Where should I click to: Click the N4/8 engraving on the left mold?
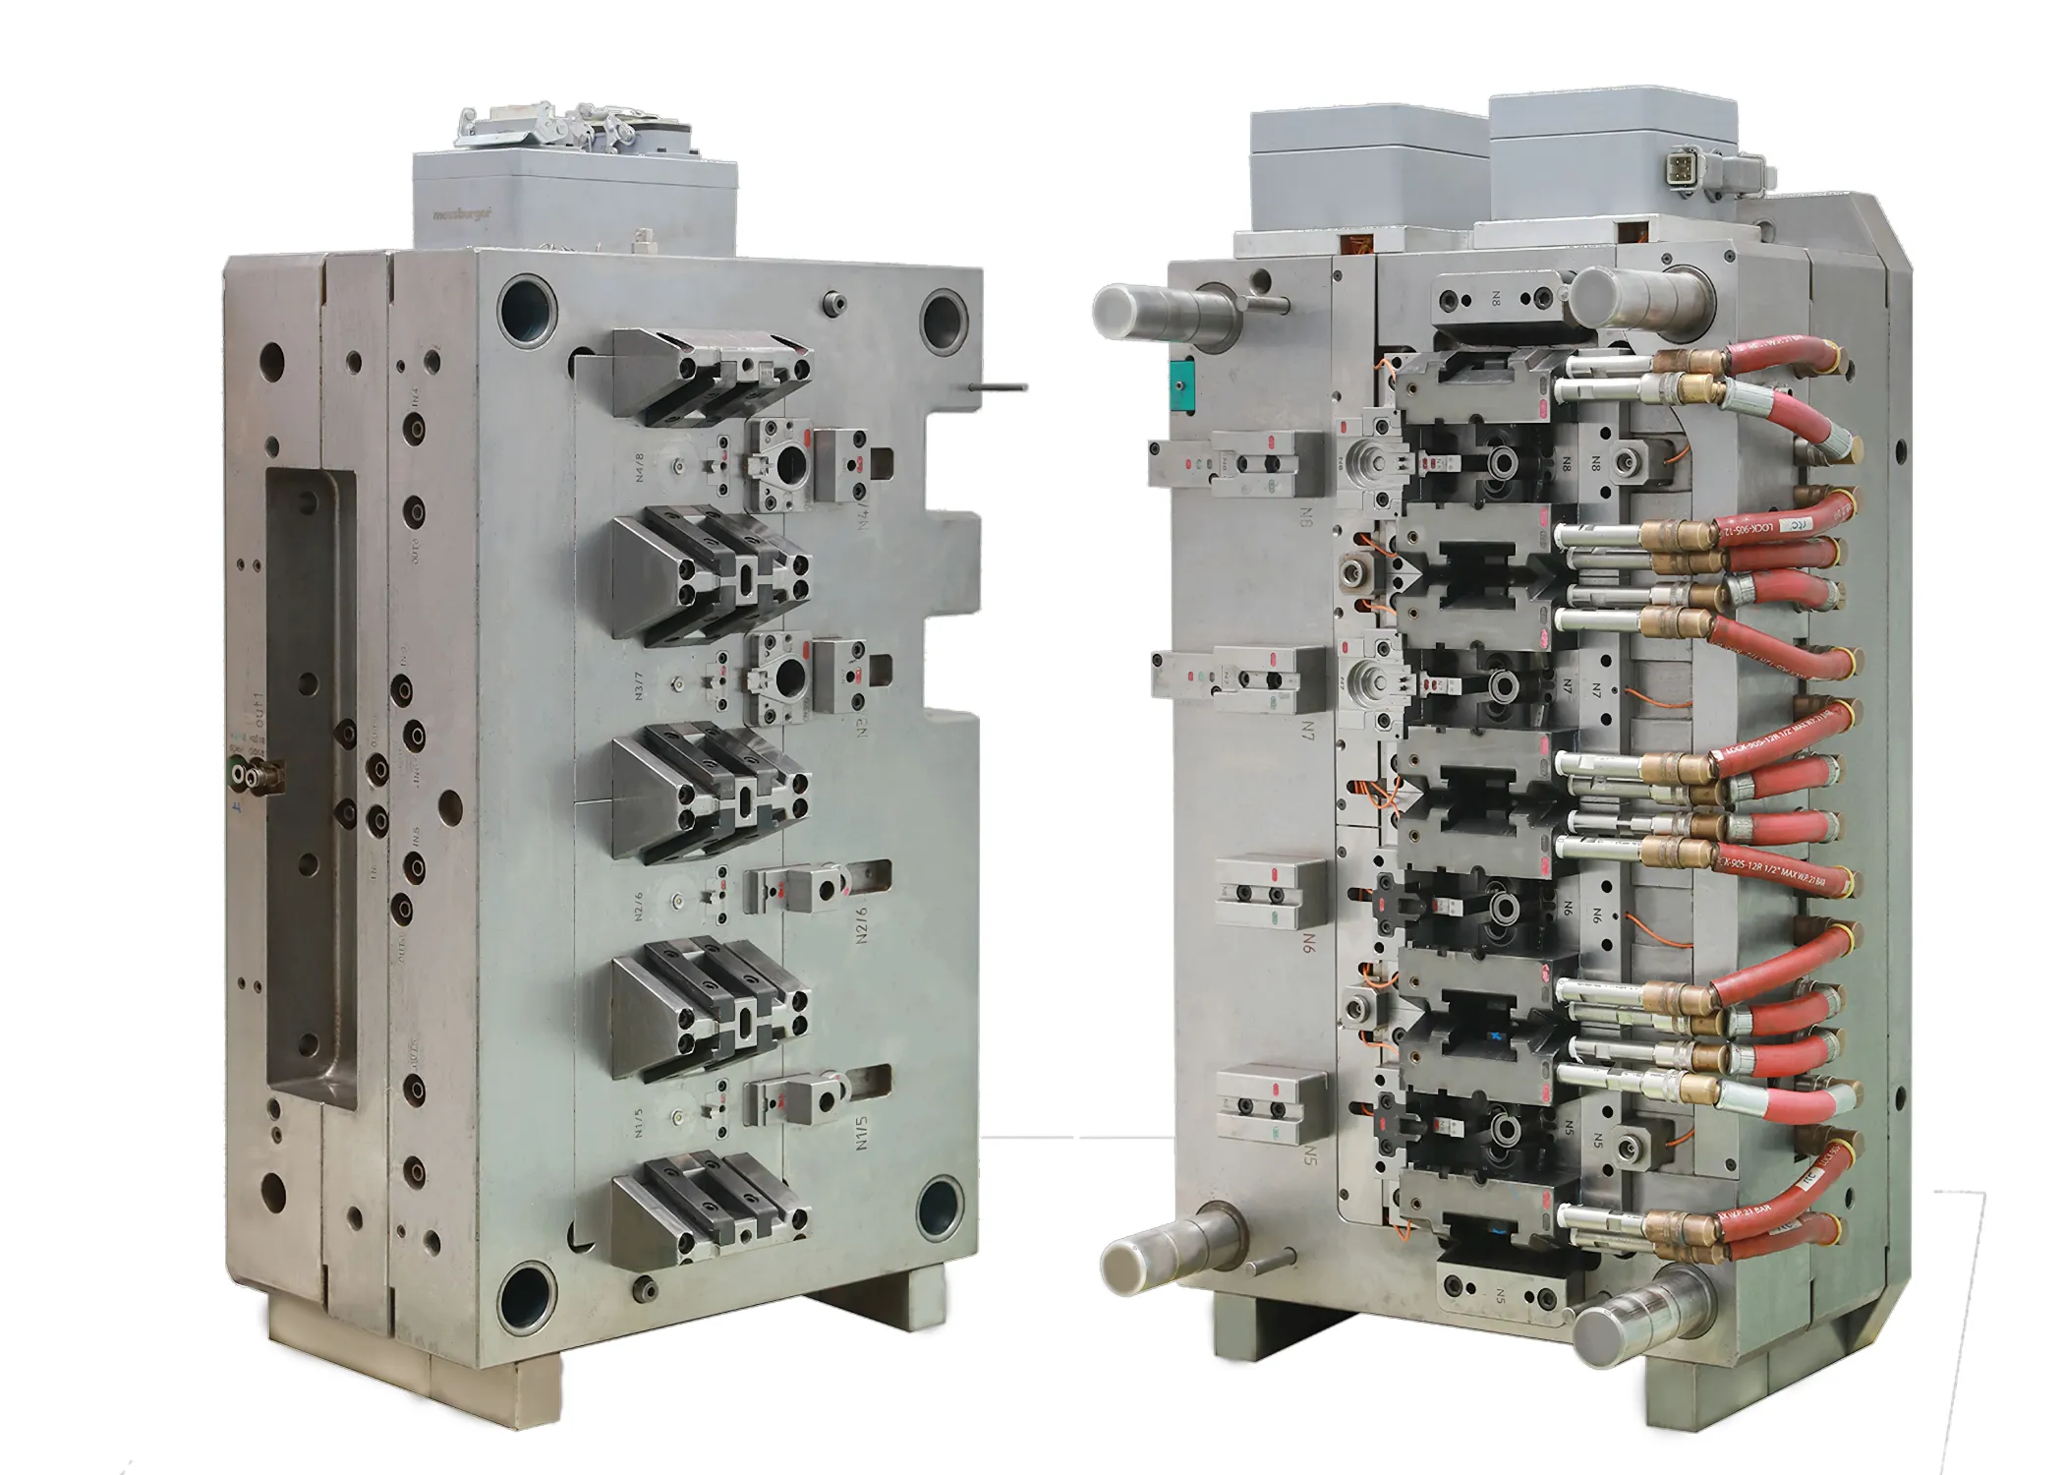(640, 466)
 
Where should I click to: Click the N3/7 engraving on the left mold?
(640, 685)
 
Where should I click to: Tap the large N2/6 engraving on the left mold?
(862, 924)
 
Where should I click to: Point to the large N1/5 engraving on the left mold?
(862, 1132)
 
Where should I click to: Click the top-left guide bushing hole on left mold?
(528, 308)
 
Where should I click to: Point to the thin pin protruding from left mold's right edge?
(998, 387)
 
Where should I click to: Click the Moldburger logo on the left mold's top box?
(462, 213)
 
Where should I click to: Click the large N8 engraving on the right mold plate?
(1306, 516)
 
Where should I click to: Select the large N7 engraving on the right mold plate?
(1308, 730)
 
